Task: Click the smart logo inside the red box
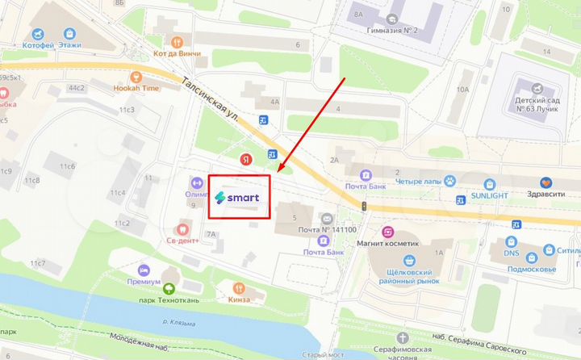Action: coord(237,197)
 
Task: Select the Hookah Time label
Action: coord(140,88)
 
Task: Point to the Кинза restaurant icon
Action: coord(238,288)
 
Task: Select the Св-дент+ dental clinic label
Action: coord(183,239)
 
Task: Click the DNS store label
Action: coord(512,252)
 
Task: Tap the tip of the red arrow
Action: coord(278,171)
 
